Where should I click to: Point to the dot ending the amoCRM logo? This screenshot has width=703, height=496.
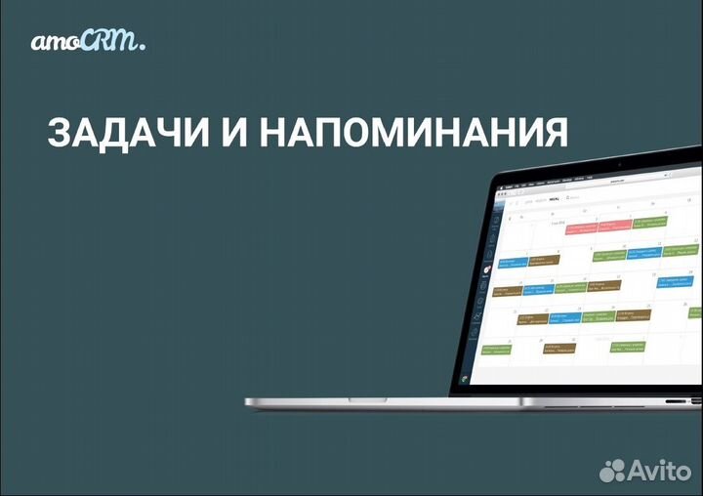tap(143, 47)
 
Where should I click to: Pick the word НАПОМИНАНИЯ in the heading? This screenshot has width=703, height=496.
tap(413, 133)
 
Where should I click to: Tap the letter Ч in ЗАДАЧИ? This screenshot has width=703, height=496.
tap(160, 133)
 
